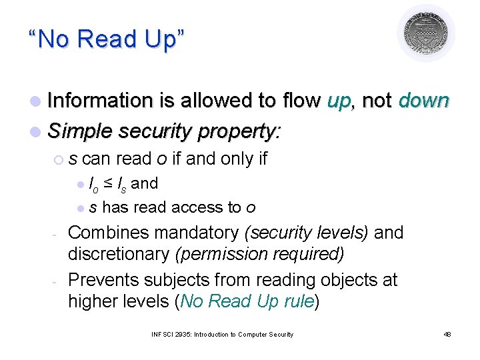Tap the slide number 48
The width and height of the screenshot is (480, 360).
(447, 334)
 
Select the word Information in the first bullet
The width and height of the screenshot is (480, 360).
(101, 101)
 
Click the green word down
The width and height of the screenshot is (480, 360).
(423, 101)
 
